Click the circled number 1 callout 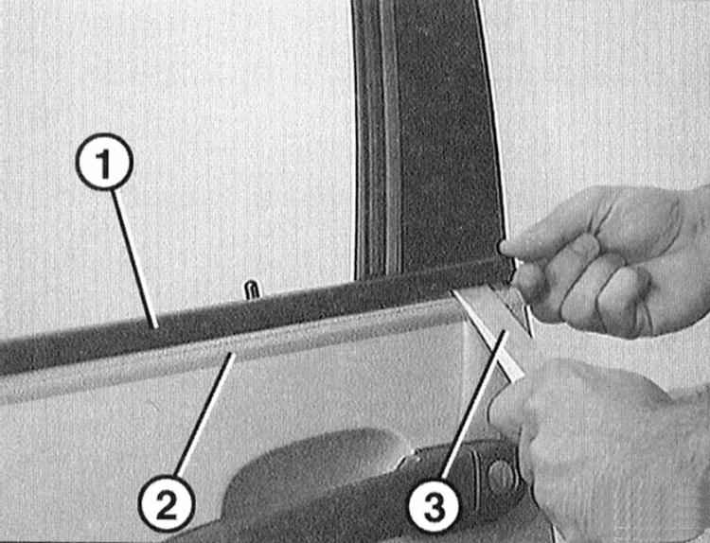[x=104, y=162]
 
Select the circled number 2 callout [x=167, y=503]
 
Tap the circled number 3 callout [x=434, y=506]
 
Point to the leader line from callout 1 [x=134, y=258]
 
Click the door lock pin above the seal [x=252, y=289]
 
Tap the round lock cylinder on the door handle [x=501, y=475]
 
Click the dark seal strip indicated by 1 [x=254, y=313]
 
